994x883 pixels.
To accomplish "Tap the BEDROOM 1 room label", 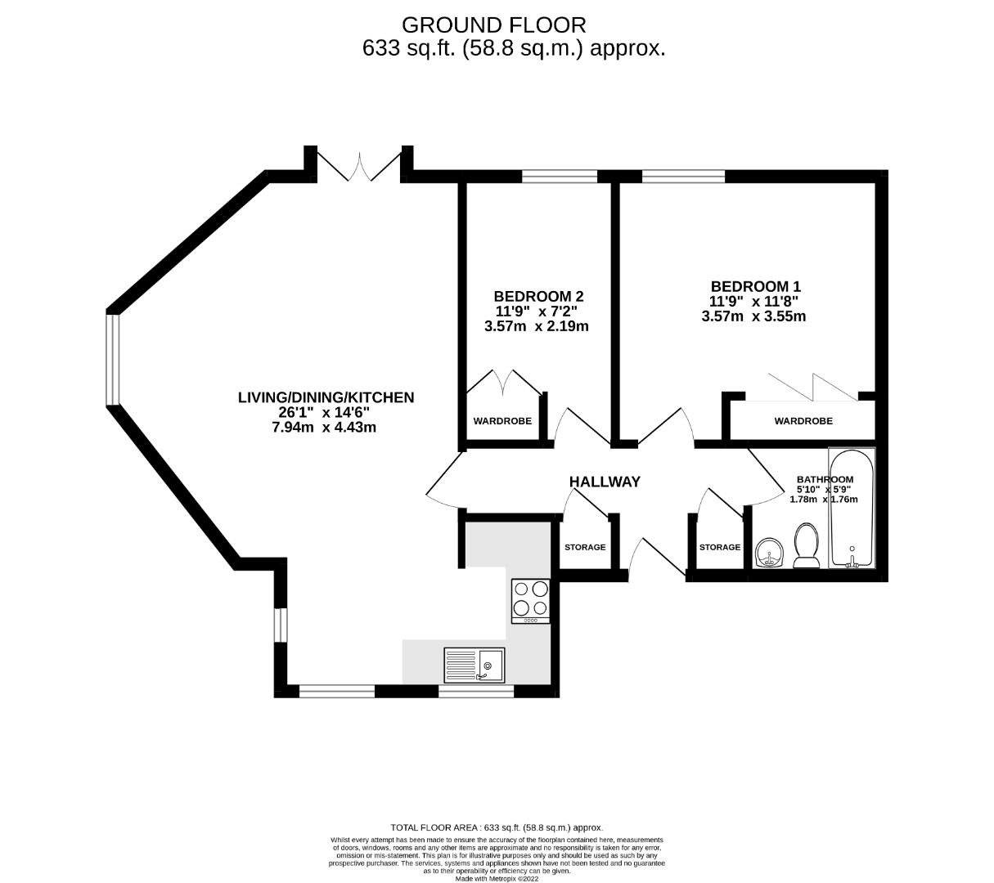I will (x=755, y=286).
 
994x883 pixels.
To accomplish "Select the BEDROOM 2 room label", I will (x=538, y=296).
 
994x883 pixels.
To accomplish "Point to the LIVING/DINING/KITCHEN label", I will (x=326, y=397).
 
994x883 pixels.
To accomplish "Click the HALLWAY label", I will (x=604, y=482).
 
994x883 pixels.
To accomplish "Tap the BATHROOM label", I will (x=825, y=480).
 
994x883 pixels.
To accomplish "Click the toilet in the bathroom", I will (x=807, y=546).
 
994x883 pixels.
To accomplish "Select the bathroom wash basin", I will (x=768, y=553).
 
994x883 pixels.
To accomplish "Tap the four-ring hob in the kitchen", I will (x=530, y=599).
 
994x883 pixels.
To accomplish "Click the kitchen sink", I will (x=475, y=665).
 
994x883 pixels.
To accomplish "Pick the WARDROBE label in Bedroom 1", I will (x=803, y=421).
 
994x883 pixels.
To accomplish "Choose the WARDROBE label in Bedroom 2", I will (x=502, y=421).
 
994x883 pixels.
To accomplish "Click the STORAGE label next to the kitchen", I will (x=585, y=547).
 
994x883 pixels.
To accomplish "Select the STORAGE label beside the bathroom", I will (x=719, y=547).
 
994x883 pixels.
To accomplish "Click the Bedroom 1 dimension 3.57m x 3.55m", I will (x=753, y=316).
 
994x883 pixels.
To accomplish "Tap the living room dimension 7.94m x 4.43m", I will (x=324, y=427).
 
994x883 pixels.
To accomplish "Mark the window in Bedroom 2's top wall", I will (x=560, y=175).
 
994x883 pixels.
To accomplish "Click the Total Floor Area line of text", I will (x=497, y=827).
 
